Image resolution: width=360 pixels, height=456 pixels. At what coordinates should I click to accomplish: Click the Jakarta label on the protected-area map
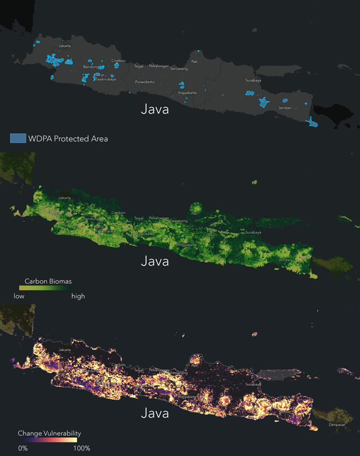[65, 46]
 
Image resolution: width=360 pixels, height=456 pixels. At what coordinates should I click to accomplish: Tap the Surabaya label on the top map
[253, 81]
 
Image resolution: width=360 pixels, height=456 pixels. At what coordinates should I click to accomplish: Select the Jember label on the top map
[285, 108]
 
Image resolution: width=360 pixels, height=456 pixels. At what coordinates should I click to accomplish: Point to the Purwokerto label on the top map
[145, 82]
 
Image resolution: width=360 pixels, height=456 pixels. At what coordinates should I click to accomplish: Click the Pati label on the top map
[195, 61]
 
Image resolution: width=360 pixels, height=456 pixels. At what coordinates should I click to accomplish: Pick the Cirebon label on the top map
[119, 60]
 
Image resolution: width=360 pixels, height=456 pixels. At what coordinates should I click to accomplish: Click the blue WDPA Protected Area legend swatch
[18, 138]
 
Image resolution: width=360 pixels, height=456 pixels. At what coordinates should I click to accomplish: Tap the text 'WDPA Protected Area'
[69, 139]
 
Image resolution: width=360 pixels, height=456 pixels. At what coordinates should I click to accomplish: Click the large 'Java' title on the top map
[155, 109]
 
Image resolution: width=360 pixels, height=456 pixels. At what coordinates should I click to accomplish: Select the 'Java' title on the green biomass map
[155, 261]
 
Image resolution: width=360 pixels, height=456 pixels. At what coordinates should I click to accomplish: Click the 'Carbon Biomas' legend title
[48, 282]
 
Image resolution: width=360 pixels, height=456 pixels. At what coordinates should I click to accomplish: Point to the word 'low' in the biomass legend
[19, 296]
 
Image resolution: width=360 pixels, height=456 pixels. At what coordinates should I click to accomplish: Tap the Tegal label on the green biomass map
[139, 218]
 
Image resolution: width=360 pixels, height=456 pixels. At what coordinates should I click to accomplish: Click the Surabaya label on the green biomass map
[253, 233]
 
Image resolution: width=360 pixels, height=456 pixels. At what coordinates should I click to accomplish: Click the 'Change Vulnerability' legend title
[49, 433]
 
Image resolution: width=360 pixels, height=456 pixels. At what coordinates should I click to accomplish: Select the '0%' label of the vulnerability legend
[23, 448]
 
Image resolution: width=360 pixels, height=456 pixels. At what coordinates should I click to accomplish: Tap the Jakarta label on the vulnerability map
[65, 350]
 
